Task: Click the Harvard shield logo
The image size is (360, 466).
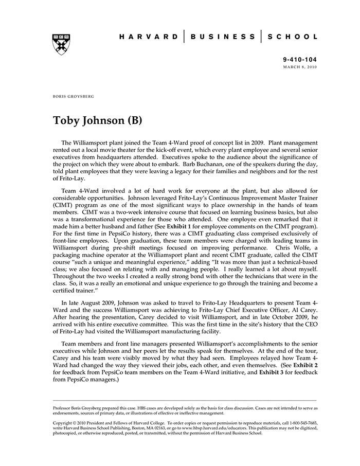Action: click(x=61, y=44)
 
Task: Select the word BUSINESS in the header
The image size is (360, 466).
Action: click(x=222, y=37)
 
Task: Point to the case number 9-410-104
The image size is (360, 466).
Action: click(x=300, y=60)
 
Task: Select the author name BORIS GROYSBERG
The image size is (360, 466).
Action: click(x=74, y=96)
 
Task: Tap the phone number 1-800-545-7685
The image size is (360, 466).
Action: click(x=294, y=423)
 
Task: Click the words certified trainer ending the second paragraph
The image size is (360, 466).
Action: click(x=75, y=291)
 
